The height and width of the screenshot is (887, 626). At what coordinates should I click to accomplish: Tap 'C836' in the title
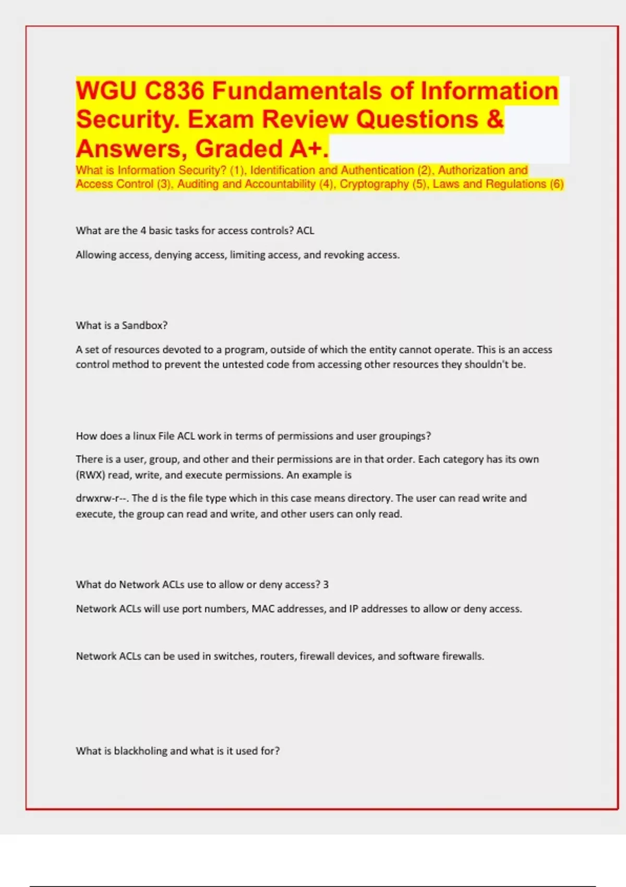click(x=174, y=91)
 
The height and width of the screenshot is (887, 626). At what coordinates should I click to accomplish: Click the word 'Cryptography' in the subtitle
click(x=374, y=184)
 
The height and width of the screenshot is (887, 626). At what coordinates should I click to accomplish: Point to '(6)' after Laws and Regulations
click(x=557, y=184)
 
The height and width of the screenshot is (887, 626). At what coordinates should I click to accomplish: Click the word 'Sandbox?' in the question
click(x=145, y=326)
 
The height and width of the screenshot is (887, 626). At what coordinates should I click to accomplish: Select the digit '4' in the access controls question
click(x=143, y=231)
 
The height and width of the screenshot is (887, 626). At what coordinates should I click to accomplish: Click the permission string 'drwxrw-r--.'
click(x=102, y=498)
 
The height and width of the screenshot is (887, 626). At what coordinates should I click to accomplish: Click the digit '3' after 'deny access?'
click(x=326, y=585)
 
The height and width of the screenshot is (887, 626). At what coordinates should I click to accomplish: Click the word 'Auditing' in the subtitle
click(x=198, y=184)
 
